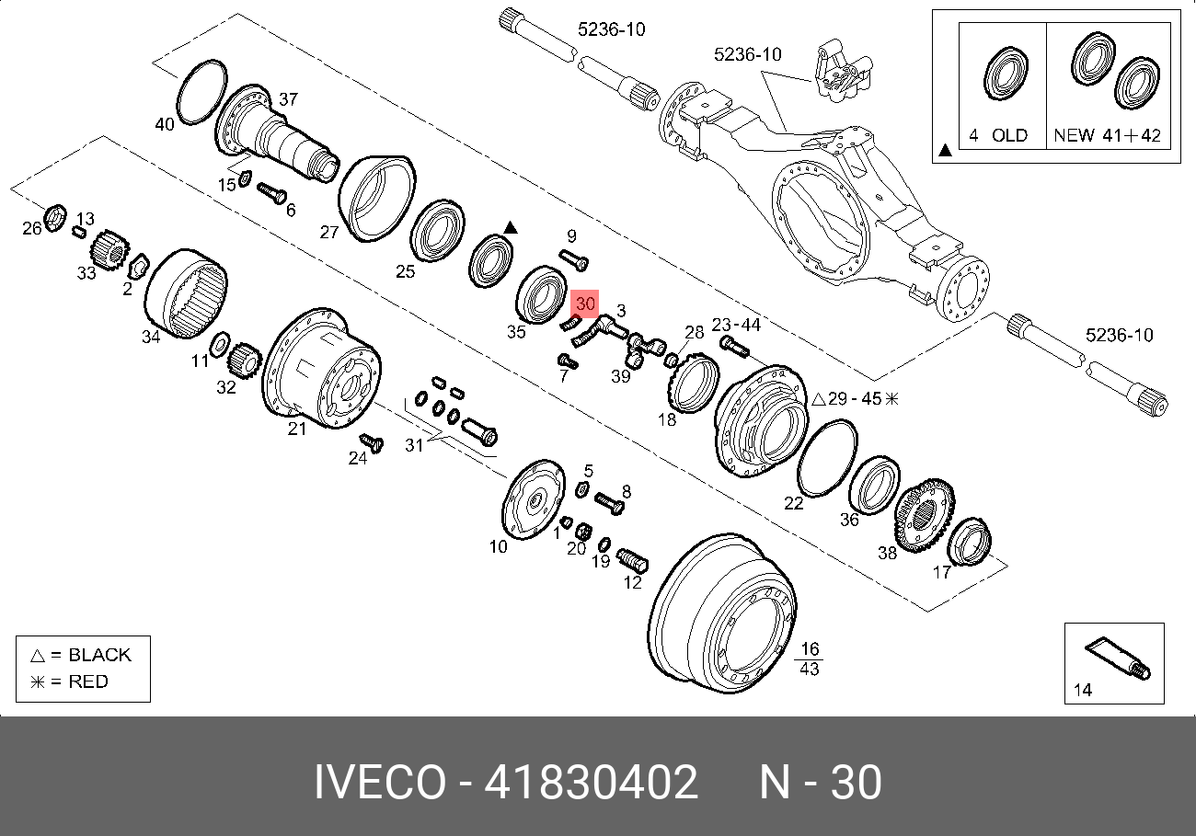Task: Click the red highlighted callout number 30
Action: [x=585, y=303]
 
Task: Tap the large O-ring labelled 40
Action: [x=180, y=107]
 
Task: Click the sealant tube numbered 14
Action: [x=1118, y=658]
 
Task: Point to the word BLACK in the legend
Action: [x=100, y=655]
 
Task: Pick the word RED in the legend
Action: [x=88, y=681]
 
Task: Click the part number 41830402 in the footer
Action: [x=591, y=783]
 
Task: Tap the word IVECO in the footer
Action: [x=380, y=783]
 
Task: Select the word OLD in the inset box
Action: [x=1009, y=135]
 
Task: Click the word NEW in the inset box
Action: [x=1075, y=135]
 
